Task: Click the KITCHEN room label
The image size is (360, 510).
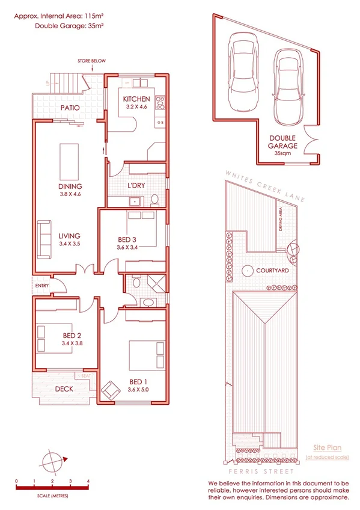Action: click(x=136, y=99)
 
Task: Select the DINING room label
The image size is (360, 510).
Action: click(x=70, y=186)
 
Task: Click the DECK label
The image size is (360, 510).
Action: click(x=64, y=389)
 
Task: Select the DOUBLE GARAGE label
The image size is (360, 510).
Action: click(x=282, y=142)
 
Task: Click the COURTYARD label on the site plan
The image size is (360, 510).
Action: click(x=273, y=271)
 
